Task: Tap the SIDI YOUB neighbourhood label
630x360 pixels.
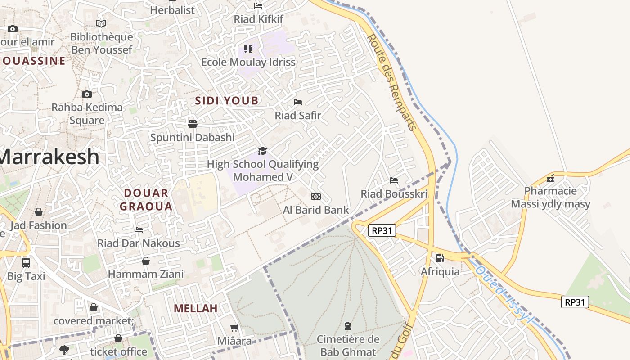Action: pyautogui.click(x=227, y=101)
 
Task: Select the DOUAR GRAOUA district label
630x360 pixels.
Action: pyautogui.click(x=148, y=200)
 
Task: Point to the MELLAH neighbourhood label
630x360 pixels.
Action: pyautogui.click(x=196, y=308)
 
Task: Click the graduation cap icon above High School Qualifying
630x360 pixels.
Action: pyautogui.click(x=262, y=151)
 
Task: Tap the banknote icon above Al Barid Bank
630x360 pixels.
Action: pyautogui.click(x=316, y=197)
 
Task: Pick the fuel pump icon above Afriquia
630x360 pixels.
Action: pyautogui.click(x=440, y=258)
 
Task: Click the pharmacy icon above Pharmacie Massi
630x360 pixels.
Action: pyautogui.click(x=550, y=178)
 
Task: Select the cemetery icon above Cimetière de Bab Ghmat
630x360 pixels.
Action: pyautogui.click(x=347, y=325)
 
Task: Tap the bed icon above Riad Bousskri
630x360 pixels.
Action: pyautogui.click(x=394, y=180)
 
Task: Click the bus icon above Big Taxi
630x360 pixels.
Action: pyautogui.click(x=26, y=262)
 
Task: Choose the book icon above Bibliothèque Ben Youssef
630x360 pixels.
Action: pyautogui.click(x=101, y=23)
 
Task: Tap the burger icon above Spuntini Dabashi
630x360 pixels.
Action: pyautogui.click(x=193, y=124)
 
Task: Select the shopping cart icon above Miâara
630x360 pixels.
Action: pyautogui.click(x=234, y=328)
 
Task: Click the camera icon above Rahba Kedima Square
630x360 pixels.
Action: pyautogui.click(x=87, y=94)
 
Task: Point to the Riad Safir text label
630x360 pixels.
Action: pyautogui.click(x=298, y=116)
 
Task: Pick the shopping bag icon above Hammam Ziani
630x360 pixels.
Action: pyautogui.click(x=146, y=261)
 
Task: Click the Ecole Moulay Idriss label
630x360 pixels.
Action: pyautogui.click(x=248, y=62)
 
